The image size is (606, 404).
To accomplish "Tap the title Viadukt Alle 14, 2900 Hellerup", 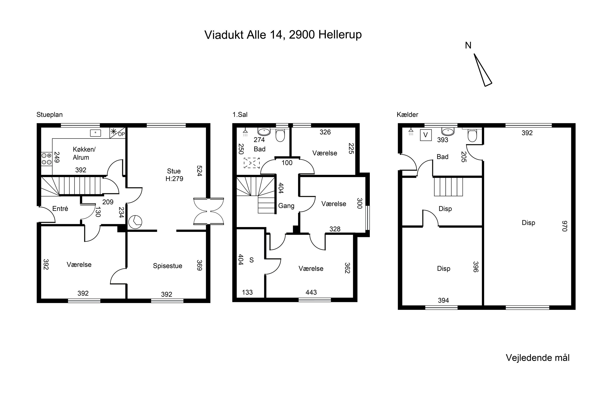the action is pyautogui.click(x=283, y=35).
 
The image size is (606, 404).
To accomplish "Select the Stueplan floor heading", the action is pyautogui.click(x=49, y=115).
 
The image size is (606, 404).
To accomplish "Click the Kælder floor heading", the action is pyautogui.click(x=407, y=115).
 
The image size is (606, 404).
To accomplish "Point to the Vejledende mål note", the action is pyautogui.click(x=538, y=358).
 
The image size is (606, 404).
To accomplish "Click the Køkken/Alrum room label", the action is pyautogui.click(x=84, y=153).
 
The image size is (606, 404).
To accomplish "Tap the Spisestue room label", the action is pyautogui.click(x=167, y=266).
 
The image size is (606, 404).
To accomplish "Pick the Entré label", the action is pyautogui.click(x=60, y=208).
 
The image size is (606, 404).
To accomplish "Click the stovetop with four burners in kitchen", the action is pyautogui.click(x=47, y=159).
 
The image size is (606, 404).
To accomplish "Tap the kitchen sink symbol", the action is pyautogui.click(x=95, y=133).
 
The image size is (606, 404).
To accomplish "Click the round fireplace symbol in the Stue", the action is pyautogui.click(x=135, y=222).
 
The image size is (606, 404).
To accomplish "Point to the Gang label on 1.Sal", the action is pyautogui.click(x=286, y=206).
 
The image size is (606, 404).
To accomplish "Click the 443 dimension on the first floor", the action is pyautogui.click(x=311, y=292).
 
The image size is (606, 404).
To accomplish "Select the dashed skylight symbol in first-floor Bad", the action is pyautogui.click(x=252, y=163).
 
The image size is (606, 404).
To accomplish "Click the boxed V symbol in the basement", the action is pyautogui.click(x=426, y=135).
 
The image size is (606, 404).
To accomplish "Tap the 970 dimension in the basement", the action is pyautogui.click(x=565, y=226).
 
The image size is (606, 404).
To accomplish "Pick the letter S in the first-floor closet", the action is pyautogui.click(x=251, y=260).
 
